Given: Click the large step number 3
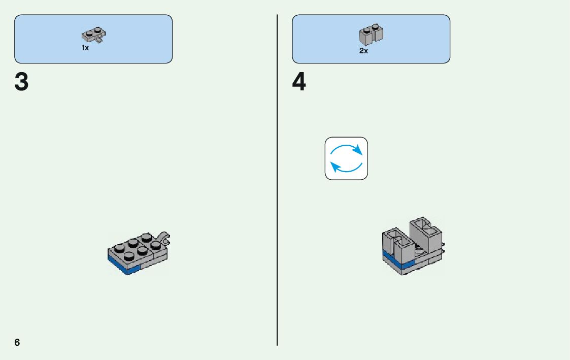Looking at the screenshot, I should [x=21, y=82].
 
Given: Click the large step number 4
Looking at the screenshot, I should [x=299, y=82].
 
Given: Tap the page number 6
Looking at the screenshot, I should [x=17, y=342].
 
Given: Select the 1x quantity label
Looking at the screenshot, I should [x=85, y=48].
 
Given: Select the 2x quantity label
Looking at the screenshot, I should [x=363, y=51].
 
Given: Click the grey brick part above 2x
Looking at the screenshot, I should [x=371, y=35].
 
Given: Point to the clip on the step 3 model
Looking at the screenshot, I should [x=164, y=237].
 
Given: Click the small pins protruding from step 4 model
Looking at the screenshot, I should [x=443, y=247].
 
